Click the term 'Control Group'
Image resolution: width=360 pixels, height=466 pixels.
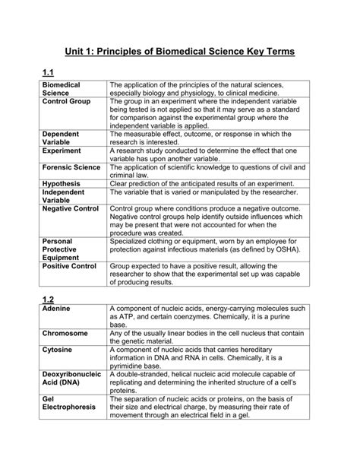67,101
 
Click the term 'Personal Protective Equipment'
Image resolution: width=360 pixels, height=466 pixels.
64,249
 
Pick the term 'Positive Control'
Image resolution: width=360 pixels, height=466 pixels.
70,267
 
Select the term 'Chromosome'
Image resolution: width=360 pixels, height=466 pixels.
65,333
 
